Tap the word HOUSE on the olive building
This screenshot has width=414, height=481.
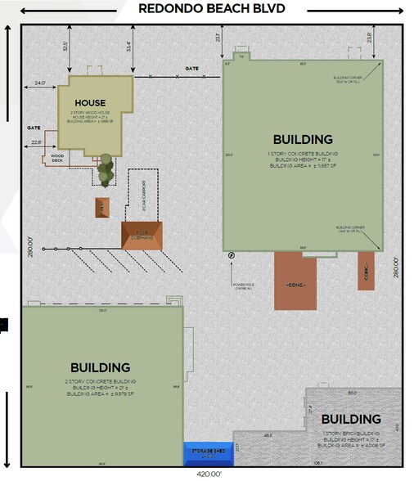[x=90, y=103]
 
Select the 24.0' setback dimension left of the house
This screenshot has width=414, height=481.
[x=40, y=83]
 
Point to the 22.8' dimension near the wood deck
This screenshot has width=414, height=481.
[x=37, y=143]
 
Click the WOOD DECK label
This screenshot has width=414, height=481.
[x=58, y=158]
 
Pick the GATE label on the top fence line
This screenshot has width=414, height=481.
[x=191, y=69]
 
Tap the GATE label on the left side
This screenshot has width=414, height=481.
[x=34, y=128]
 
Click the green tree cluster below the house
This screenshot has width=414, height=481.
[x=106, y=172]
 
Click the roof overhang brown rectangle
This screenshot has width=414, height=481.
[x=142, y=235]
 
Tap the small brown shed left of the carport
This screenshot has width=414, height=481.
[x=101, y=206]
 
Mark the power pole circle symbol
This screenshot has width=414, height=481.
[x=232, y=255]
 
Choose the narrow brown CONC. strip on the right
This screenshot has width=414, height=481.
[x=366, y=271]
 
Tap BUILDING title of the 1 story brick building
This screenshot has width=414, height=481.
[x=351, y=420]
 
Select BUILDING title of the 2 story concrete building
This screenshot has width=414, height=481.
[x=100, y=368]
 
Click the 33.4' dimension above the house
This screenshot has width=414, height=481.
[x=129, y=47]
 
